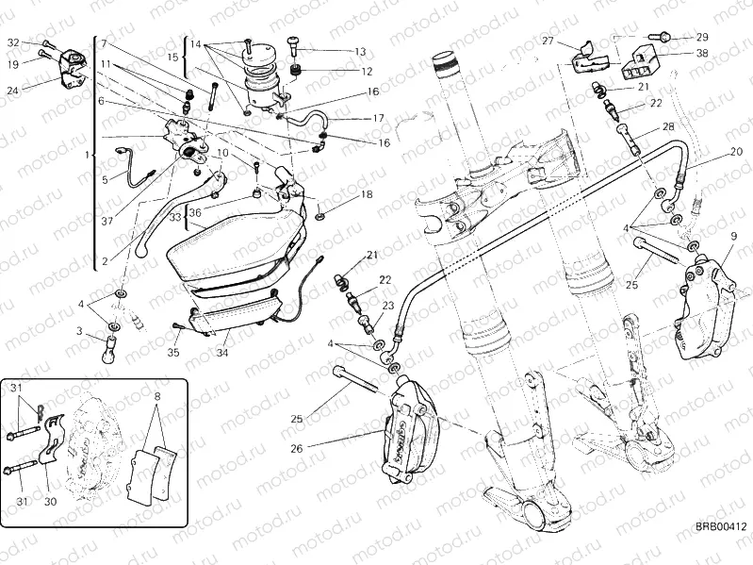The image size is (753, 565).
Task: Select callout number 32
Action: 13,43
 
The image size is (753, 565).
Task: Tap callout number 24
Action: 13,91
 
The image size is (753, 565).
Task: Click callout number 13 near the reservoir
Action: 360,52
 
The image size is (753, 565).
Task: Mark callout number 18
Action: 367,194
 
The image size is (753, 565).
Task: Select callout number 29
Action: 701,37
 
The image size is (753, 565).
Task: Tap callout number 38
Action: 701,54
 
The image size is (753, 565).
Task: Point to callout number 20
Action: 735,153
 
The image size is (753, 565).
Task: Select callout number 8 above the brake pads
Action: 156,397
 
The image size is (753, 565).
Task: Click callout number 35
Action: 172,354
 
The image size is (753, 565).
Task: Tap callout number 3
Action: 79,331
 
